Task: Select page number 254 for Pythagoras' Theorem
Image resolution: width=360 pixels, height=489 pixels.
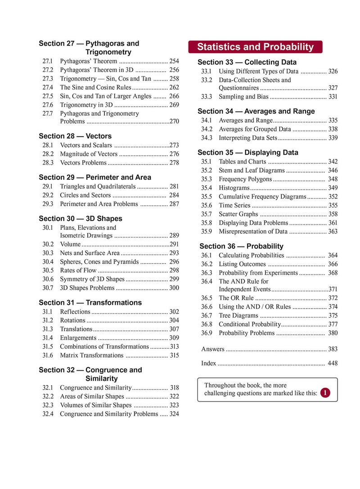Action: [174, 61]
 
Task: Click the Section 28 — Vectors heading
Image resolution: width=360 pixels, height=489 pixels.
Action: [75, 136]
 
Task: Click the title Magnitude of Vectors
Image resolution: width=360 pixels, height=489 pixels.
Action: [89, 154]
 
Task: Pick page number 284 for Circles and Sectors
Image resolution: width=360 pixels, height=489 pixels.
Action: [174, 195]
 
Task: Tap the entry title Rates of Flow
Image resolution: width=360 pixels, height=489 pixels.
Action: [78, 270]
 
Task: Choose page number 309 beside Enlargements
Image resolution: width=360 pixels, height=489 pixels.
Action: [174, 338]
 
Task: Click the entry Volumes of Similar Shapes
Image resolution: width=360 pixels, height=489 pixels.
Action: [95, 405]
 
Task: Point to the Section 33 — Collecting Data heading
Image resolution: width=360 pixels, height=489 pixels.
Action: [247, 62]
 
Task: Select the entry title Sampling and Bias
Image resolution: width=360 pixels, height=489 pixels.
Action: [243, 97]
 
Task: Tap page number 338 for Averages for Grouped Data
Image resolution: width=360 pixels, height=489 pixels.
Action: [333, 129]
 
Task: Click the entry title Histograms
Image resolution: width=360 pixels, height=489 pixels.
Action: [234, 188]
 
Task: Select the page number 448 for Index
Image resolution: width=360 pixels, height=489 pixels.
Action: [333, 363]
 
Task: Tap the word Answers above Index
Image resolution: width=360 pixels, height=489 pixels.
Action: [212, 349]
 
